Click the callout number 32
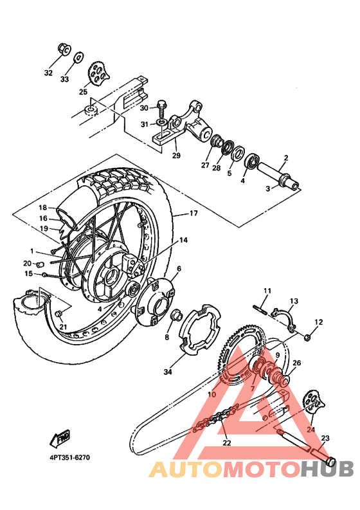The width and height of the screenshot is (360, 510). click(x=48, y=73)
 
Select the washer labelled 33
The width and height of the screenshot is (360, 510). click(x=78, y=57)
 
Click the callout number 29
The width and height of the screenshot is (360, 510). click(x=175, y=155)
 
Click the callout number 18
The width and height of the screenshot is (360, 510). click(x=42, y=207)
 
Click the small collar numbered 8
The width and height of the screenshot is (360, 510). click(x=174, y=318)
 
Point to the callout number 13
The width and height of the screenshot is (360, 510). click(x=294, y=301)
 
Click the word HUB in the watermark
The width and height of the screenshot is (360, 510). click(x=327, y=469)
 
